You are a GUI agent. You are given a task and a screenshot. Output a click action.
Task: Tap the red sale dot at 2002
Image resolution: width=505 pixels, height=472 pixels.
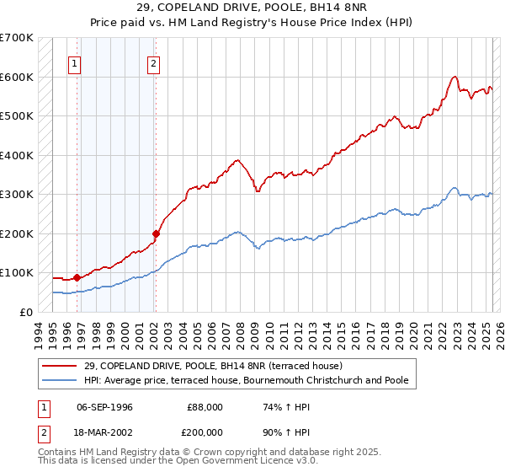pos(156,233)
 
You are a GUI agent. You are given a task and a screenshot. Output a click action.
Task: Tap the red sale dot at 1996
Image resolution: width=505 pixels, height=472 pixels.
pos(77,276)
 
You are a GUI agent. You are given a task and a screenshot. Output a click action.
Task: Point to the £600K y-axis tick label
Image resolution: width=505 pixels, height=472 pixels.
pos(17,77)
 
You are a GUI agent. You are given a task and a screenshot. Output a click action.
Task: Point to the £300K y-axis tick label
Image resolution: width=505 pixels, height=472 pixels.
pos(17,194)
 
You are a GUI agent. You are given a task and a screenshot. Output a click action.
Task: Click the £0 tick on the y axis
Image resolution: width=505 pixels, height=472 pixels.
pos(26,312)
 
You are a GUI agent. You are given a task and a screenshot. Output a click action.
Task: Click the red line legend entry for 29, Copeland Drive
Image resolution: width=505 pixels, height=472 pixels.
pos(212,366)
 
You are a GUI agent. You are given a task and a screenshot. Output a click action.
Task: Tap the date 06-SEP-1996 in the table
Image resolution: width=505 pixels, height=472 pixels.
pos(104,407)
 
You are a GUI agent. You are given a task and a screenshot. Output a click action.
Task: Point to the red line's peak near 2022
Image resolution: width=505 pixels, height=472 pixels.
pos(454,77)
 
